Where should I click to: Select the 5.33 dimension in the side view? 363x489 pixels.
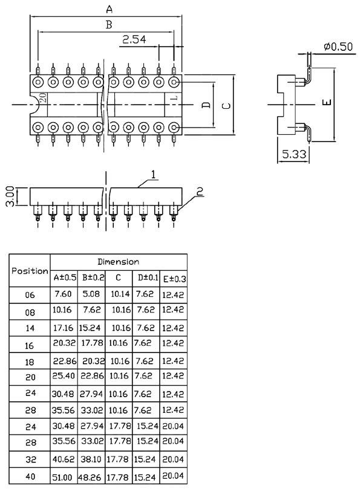(294, 154)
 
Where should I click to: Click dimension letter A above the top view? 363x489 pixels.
(109, 9)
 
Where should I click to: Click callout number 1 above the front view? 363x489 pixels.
(154, 175)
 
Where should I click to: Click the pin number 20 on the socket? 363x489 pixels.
(44, 97)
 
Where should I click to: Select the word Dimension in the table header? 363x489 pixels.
(119, 262)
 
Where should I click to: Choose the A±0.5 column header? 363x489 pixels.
(65, 278)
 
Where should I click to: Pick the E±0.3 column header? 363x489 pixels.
(174, 279)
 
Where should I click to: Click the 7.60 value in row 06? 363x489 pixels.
(63, 294)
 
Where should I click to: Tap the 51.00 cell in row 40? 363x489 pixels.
(63, 477)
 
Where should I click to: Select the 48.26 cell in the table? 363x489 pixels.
(93, 477)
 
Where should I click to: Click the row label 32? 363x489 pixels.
(30, 460)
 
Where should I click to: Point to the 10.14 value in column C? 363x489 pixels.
(119, 294)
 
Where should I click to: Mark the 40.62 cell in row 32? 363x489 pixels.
(64, 459)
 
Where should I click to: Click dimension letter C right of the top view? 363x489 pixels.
(226, 105)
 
